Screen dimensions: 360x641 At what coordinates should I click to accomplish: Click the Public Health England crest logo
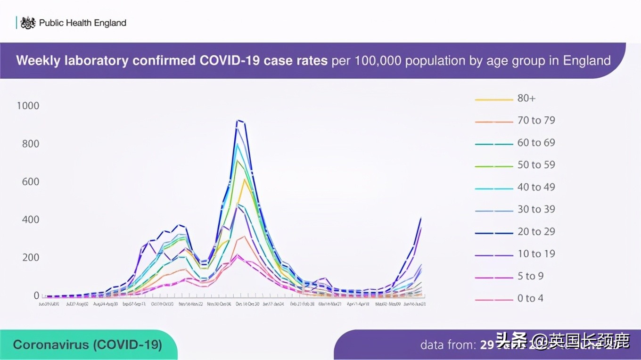[x=28, y=23]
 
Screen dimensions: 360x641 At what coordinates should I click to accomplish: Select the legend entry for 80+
[x=526, y=98]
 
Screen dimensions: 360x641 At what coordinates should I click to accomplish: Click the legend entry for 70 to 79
[x=536, y=120]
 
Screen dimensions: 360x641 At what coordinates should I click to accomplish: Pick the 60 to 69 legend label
[x=536, y=142]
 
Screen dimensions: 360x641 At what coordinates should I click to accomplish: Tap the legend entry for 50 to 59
[x=536, y=164]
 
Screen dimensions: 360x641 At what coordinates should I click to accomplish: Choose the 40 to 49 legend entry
[x=536, y=187]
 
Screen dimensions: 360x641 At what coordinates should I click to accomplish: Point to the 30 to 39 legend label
[x=536, y=209]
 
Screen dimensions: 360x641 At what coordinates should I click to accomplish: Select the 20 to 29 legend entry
[x=536, y=231]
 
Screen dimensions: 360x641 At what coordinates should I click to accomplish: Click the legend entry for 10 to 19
[x=536, y=254]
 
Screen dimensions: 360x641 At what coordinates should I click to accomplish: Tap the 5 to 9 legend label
[x=530, y=276]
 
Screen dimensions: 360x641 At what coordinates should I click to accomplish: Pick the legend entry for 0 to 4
[x=530, y=298]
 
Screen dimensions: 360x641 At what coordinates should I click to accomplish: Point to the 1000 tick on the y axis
[x=28, y=106]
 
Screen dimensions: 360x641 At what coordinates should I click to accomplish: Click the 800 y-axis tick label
[x=31, y=144]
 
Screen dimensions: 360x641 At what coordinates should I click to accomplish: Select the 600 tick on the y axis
[x=31, y=181]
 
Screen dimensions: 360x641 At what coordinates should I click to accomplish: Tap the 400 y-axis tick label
[x=31, y=220]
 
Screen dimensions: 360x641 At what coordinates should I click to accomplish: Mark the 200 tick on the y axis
[x=31, y=258]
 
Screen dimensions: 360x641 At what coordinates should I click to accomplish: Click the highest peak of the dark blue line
[x=238, y=121]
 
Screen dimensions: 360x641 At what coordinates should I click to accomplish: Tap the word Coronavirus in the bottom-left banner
[x=51, y=344]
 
